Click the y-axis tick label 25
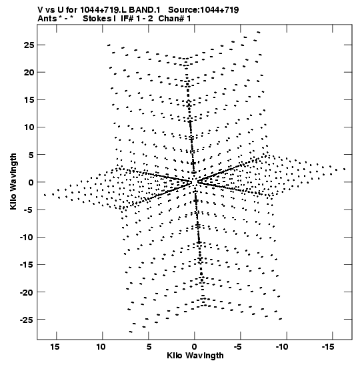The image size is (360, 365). click(x=29, y=45)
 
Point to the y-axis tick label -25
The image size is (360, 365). click(x=27, y=320)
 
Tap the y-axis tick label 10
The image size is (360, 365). click(x=29, y=127)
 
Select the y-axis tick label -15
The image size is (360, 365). click(x=27, y=264)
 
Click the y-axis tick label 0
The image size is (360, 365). click(x=31, y=182)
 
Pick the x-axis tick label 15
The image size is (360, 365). click(x=55, y=347)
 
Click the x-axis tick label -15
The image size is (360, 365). click(x=328, y=347)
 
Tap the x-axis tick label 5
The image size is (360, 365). click(x=149, y=347)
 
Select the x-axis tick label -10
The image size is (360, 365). click(x=282, y=347)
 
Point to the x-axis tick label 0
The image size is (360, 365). click(x=195, y=347)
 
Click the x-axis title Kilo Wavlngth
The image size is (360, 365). click(x=195, y=356)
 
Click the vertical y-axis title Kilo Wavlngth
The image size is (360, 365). click(x=13, y=181)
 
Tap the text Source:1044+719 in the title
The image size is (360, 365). click(x=203, y=10)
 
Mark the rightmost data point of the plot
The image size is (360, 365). click(x=344, y=169)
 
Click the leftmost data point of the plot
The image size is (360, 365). click(x=45, y=195)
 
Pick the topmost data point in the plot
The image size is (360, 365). click(x=259, y=32)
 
